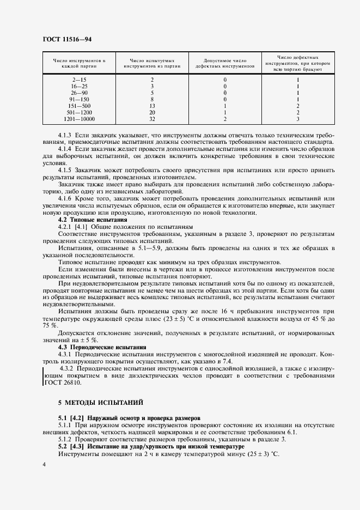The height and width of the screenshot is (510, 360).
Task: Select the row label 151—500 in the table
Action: [79, 105]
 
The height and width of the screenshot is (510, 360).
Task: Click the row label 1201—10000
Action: [79, 118]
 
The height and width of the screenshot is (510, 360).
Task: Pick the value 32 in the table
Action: [152, 118]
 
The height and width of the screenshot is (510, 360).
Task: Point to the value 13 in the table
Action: [152, 105]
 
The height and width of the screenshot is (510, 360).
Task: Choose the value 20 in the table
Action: [152, 112]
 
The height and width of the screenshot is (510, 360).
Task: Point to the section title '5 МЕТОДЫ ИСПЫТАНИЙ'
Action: [100, 403]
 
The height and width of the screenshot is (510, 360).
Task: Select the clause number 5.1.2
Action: [67, 440]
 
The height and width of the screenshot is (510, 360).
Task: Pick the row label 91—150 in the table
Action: [79, 99]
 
